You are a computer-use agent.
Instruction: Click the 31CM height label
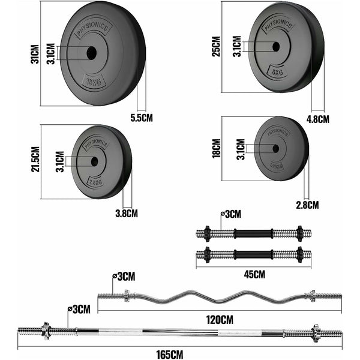(35, 53)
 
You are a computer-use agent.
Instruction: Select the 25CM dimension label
(216, 46)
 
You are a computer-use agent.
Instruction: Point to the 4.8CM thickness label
(318, 119)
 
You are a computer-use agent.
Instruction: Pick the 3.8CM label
(126, 213)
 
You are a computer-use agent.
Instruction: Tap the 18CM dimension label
(217, 148)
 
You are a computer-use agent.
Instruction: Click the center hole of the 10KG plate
(91, 53)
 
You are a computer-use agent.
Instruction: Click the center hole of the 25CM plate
(275, 46)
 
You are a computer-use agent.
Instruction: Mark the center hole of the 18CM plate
(275, 148)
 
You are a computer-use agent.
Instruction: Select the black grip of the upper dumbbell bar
(252, 233)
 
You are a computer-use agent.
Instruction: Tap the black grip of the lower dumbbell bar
(252, 254)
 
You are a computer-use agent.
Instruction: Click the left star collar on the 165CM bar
(45, 331)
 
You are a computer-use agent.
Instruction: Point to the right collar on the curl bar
(310, 295)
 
